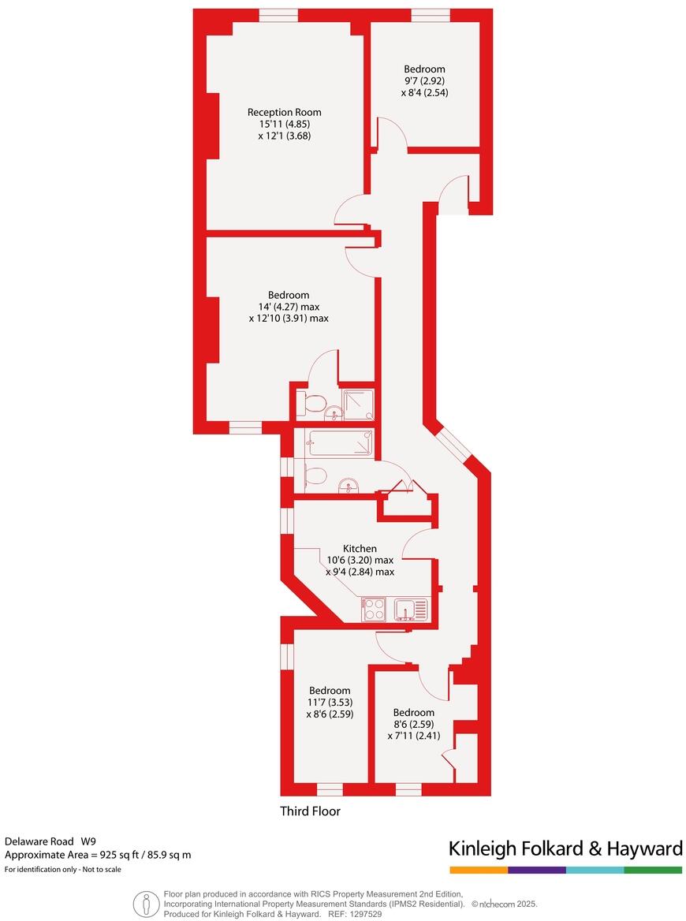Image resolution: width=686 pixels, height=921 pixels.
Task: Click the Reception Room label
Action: pos(284,112)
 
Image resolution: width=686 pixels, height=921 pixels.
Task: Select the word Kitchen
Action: pos(360,548)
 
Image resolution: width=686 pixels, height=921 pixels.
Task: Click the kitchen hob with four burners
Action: pos(374,610)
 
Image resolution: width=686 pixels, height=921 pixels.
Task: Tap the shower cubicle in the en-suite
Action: pos(359,405)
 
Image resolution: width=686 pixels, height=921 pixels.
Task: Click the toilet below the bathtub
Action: pos(314,475)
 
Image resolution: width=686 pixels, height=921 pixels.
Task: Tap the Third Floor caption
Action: pos(311,811)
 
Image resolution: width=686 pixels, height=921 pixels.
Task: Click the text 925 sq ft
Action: pos(117,855)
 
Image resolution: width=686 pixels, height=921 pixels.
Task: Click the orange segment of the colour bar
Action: pos(479,870)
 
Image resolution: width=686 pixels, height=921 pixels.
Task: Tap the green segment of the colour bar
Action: pos(653,870)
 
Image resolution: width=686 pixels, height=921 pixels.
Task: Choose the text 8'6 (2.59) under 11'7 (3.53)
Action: pos(330,714)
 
